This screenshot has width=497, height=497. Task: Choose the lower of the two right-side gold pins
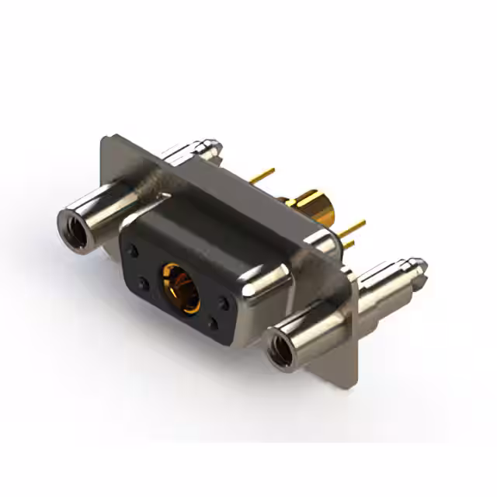pos(349,243)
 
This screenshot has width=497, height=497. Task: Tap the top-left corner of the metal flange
pos(106,140)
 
